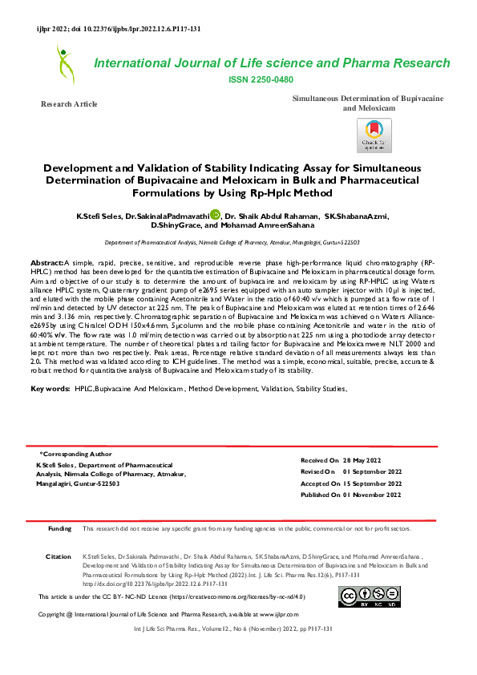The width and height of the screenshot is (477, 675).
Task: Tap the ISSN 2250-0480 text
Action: [x=261, y=79]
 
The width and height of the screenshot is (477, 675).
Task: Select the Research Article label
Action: [x=70, y=104]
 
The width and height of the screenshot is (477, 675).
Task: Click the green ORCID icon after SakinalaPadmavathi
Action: [x=215, y=214]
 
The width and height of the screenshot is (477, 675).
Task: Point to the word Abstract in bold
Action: [x=46, y=263]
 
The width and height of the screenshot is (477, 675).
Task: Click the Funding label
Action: [x=60, y=529]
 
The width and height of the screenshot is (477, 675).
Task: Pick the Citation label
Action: [x=59, y=556]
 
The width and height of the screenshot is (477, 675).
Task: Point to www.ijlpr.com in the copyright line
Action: [x=279, y=613]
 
